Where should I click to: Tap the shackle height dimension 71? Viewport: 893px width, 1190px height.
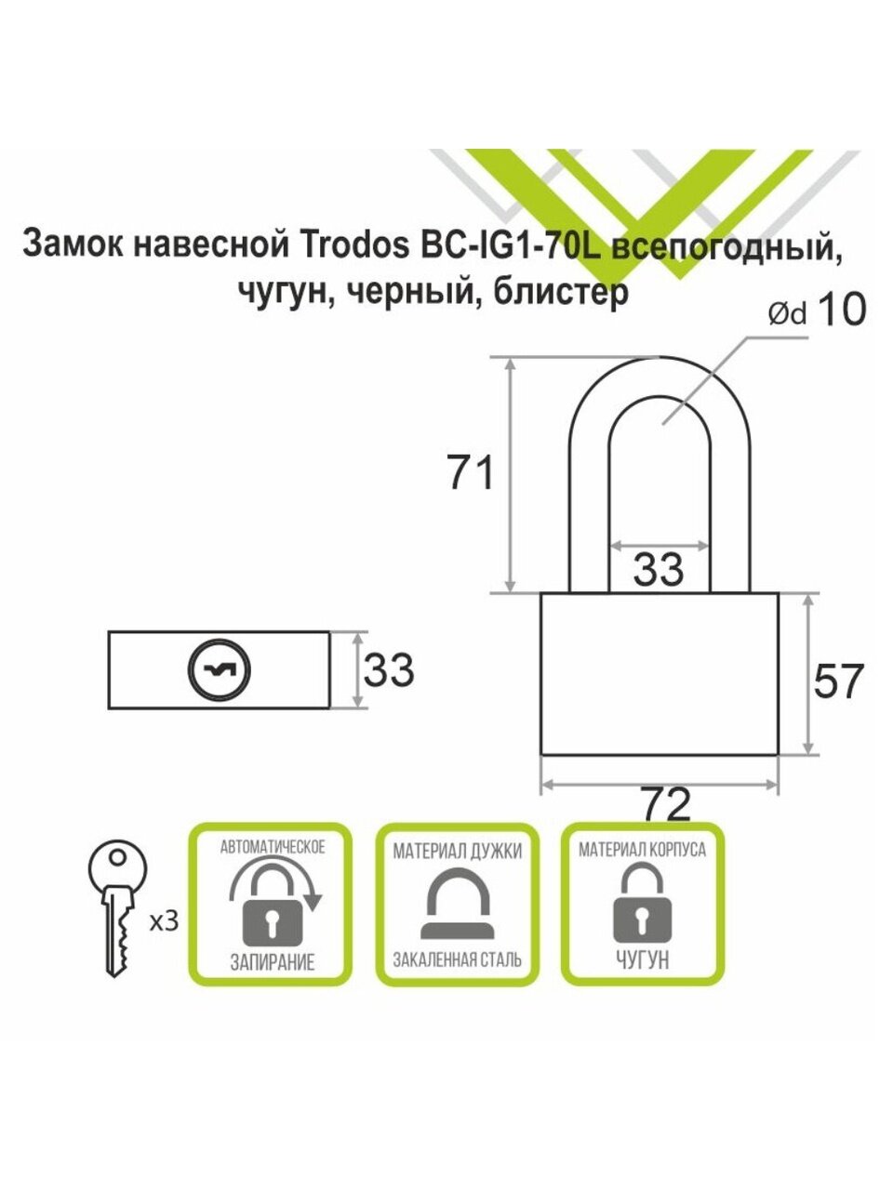tap(472, 474)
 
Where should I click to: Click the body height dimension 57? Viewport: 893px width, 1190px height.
tap(838, 681)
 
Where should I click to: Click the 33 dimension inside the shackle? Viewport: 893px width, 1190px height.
tap(659, 569)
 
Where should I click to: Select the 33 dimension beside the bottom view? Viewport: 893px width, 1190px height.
tap(388, 669)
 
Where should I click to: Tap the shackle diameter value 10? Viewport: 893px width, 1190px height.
tap(840, 311)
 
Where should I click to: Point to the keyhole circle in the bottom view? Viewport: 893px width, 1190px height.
tap(220, 669)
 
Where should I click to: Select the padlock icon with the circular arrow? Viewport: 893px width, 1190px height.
tap(272, 906)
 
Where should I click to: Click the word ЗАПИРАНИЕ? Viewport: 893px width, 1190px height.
tap(272, 962)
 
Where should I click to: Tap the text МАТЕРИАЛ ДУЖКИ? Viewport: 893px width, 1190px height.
tap(457, 851)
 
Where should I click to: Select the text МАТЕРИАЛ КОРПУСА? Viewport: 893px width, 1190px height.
tap(642, 850)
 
